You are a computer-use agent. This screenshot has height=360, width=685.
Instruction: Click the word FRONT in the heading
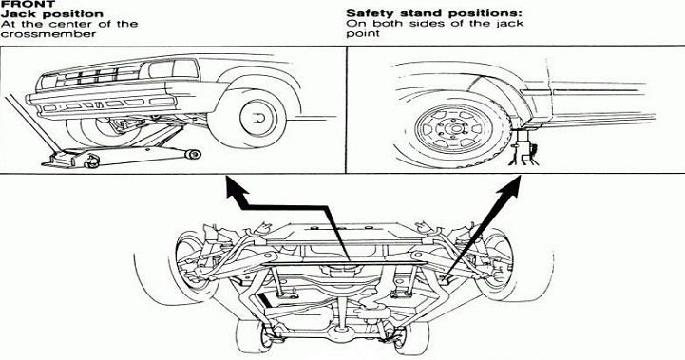[28, 4]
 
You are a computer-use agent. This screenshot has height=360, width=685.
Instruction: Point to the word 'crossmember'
[48, 34]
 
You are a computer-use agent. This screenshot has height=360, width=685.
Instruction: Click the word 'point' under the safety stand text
[362, 34]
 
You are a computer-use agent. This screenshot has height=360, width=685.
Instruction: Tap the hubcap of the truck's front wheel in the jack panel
[257, 118]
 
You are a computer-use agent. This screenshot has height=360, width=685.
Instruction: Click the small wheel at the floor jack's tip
[193, 154]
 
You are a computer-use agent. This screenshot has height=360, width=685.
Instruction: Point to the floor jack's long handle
[30, 123]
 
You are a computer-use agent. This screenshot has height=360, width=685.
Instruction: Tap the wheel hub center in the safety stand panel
[455, 129]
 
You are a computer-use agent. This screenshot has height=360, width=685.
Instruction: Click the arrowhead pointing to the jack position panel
[236, 188]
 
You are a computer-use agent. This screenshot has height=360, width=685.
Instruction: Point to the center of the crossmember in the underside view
[345, 263]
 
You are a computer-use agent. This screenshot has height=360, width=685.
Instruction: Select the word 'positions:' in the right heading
[490, 14]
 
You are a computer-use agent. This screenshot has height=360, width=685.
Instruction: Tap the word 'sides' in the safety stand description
[429, 24]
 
